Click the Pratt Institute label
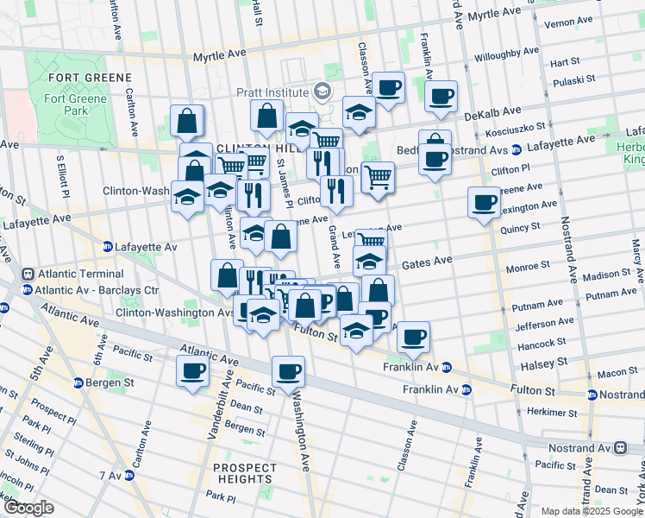273,92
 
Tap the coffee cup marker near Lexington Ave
484,203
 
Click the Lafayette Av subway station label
146,247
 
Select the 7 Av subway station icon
128,476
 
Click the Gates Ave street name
426,262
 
